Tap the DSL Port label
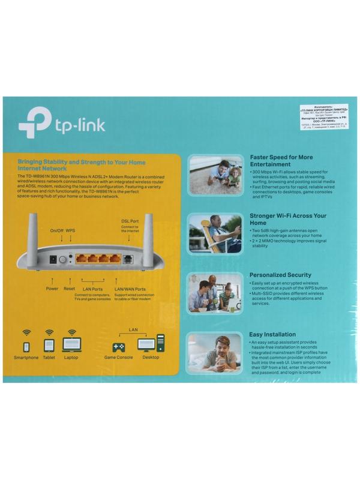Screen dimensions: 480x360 130,221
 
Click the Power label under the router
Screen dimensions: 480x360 52,289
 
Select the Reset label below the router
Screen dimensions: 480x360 70,289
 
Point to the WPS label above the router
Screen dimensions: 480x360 70,230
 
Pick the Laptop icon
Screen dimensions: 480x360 71,345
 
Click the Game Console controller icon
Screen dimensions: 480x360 118,347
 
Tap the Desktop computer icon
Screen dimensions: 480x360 151,344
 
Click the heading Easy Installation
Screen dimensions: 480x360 272,334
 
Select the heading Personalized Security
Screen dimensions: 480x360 281,275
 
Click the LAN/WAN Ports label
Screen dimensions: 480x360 130,289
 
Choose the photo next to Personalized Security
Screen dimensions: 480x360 215,292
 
